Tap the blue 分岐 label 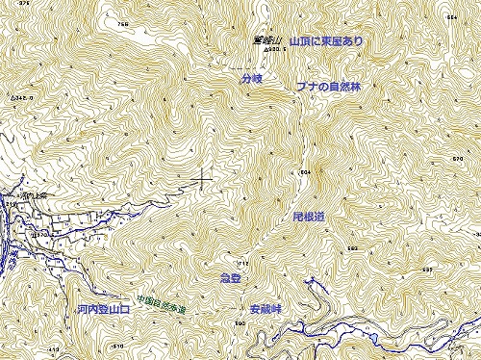click(252, 78)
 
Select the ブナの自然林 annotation click(328, 87)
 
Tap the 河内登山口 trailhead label click(103, 311)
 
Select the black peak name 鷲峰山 click(264, 40)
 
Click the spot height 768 click(121, 23)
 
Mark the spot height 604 click(306, 171)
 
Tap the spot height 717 click(242, 263)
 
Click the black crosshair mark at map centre click(202, 179)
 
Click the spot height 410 click(53, 348)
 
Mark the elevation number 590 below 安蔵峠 click(240, 324)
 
